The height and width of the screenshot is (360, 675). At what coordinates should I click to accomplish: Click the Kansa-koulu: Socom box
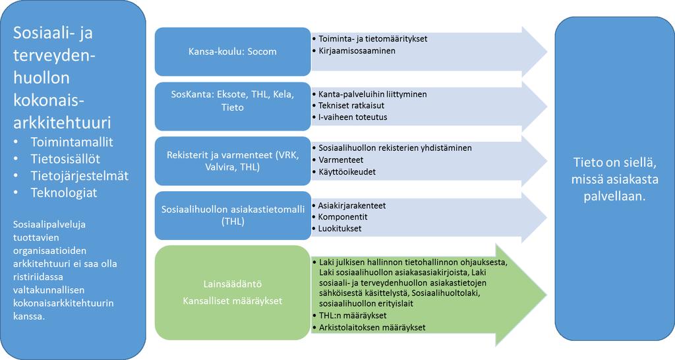[233, 51]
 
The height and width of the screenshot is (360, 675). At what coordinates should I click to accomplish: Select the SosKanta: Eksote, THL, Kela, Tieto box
[233, 106]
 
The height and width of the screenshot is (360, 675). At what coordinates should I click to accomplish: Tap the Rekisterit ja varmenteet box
[233, 161]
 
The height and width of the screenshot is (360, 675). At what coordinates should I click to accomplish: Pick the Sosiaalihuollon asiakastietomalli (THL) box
[233, 216]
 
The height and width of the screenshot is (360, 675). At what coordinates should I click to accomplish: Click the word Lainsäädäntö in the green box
[233, 284]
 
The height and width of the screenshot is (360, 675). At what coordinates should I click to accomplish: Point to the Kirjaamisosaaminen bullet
[357, 51]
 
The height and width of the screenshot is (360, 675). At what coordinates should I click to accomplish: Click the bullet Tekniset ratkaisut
[351, 105]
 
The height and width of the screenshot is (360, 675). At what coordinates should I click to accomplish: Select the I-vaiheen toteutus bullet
[353, 117]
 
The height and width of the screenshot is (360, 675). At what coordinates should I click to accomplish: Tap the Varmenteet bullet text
[341, 160]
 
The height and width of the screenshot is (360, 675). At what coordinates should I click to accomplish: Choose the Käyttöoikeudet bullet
[347, 172]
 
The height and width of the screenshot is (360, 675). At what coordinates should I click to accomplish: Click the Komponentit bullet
[343, 217]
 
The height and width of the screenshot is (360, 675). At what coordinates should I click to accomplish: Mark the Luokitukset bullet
[339, 229]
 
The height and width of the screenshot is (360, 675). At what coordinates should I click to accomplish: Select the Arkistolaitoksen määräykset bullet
[372, 327]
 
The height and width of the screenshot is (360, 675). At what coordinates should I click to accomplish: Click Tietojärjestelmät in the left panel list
[80, 176]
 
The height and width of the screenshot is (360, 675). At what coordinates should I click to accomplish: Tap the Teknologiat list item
[64, 193]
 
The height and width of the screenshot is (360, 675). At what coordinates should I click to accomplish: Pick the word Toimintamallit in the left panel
[72, 142]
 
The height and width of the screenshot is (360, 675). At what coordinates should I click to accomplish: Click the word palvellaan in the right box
[614, 196]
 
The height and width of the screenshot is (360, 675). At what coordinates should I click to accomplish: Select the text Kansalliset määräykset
[233, 301]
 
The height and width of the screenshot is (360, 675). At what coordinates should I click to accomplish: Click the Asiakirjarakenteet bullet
[352, 206]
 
